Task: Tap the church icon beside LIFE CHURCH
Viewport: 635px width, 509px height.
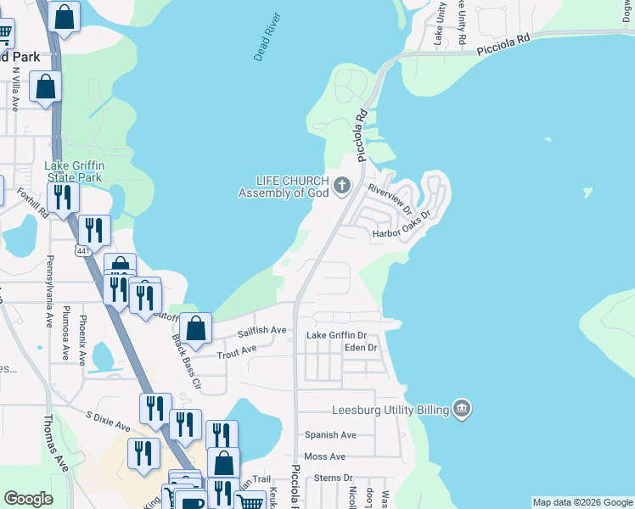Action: point(342,185)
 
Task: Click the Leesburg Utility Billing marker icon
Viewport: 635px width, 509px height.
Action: point(461,410)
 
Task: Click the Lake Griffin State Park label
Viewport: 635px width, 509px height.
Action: point(73,171)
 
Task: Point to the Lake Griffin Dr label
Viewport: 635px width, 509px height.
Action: point(335,336)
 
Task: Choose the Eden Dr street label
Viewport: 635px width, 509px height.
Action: point(360,348)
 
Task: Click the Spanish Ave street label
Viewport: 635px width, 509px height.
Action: point(330,435)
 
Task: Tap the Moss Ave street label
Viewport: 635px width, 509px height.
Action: point(324,456)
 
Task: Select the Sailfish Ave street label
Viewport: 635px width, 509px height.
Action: point(261,330)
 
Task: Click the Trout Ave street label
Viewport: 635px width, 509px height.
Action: point(236,350)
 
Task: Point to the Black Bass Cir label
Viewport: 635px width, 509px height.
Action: point(186,361)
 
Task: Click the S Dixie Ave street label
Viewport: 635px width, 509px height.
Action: point(108,421)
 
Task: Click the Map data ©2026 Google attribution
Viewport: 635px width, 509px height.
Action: point(582,502)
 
